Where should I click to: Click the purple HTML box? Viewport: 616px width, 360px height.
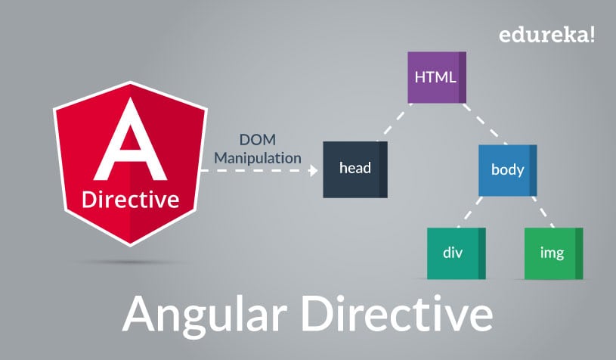pyautogui.click(x=437, y=77)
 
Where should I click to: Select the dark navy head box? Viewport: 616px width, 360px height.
pyautogui.click(x=355, y=169)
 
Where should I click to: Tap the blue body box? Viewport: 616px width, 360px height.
pyautogui.click(x=508, y=170)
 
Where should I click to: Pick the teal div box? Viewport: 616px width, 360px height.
pyautogui.click(x=457, y=253)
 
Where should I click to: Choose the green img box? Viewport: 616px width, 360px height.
pyautogui.click(x=553, y=253)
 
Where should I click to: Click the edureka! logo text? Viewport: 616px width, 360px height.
pyautogui.click(x=547, y=35)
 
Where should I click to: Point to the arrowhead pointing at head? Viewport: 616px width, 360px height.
pyautogui.click(x=313, y=170)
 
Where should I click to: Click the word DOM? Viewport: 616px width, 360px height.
pyautogui.click(x=258, y=139)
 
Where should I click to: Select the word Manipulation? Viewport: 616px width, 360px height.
pyautogui.click(x=258, y=158)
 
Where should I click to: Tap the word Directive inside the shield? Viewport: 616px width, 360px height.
pyautogui.click(x=131, y=199)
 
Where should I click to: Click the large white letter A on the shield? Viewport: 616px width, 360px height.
pyautogui.click(x=130, y=138)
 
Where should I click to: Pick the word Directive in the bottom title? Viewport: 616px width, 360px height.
pyautogui.click(x=397, y=314)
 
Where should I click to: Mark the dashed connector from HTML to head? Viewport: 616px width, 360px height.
pyautogui.click(x=395, y=123)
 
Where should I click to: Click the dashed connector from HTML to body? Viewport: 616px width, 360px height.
pyautogui.click(x=484, y=124)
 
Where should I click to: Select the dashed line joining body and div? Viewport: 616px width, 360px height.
pyautogui.click(x=470, y=213)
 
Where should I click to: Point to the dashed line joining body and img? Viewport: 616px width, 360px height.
pyautogui.click(x=543, y=213)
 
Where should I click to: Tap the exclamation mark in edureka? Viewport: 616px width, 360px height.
pyautogui.click(x=592, y=34)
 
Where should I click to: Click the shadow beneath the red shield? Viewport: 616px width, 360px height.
pyautogui.click(x=130, y=262)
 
